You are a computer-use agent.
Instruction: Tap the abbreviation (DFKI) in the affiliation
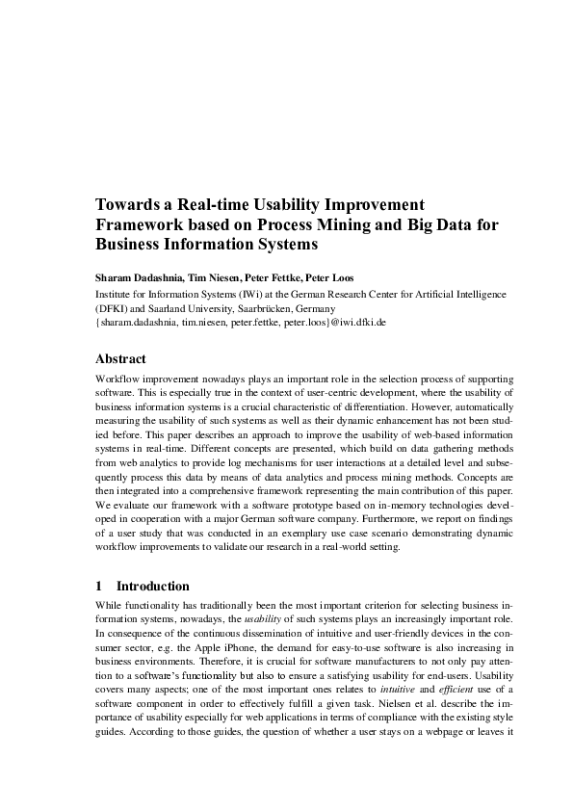[112, 308]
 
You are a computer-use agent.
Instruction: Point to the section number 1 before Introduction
[99, 585]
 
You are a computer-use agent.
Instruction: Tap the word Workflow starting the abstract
[120, 379]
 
